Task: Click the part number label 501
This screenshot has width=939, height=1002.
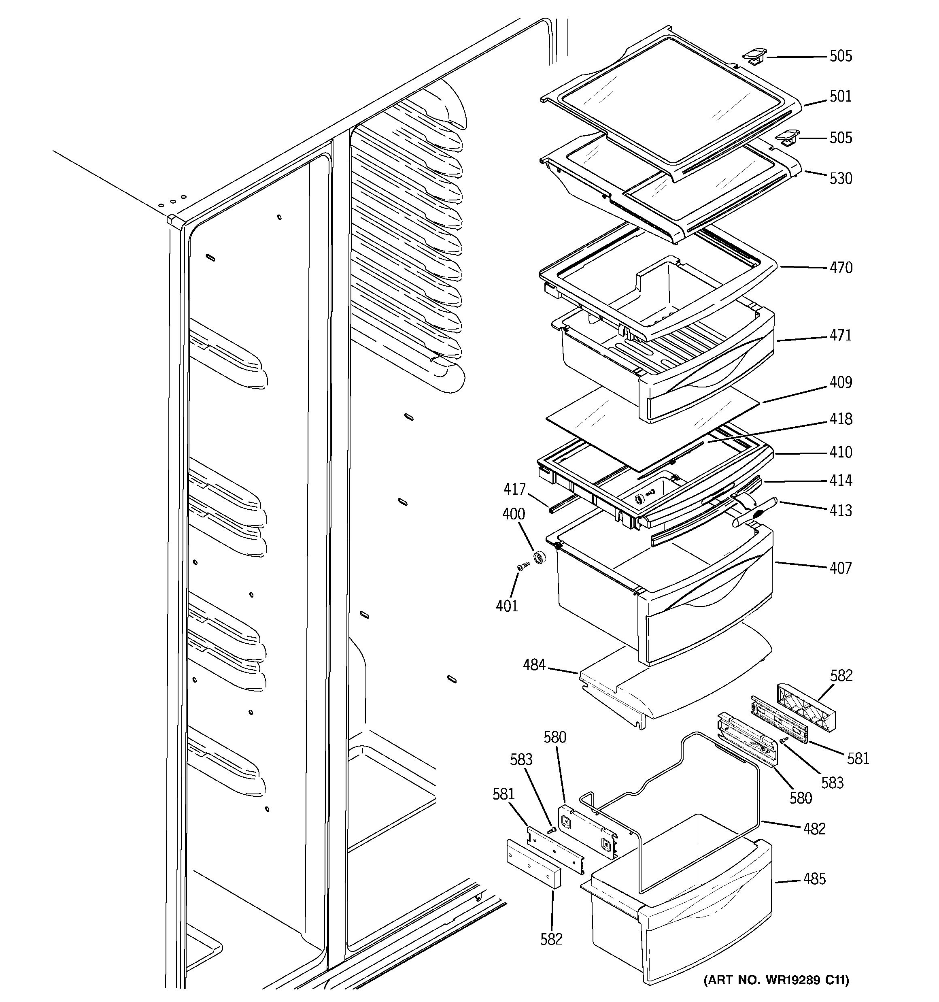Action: pos(840,96)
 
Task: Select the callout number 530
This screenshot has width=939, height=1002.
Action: pos(840,179)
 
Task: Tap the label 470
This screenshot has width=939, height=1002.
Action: pos(841,268)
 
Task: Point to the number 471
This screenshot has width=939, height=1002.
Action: pos(840,335)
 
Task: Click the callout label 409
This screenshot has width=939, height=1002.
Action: pos(841,382)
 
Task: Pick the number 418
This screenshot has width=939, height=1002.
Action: pos(841,419)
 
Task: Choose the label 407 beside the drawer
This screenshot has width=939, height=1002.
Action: pos(840,568)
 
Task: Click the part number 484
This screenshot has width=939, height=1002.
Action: pos(534,665)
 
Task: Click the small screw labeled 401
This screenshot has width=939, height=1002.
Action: pos(522,567)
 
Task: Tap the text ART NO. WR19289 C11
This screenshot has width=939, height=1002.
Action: pos(776,980)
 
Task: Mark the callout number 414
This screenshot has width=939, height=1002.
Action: pos(841,480)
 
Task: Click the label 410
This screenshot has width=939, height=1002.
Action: pos(841,452)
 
